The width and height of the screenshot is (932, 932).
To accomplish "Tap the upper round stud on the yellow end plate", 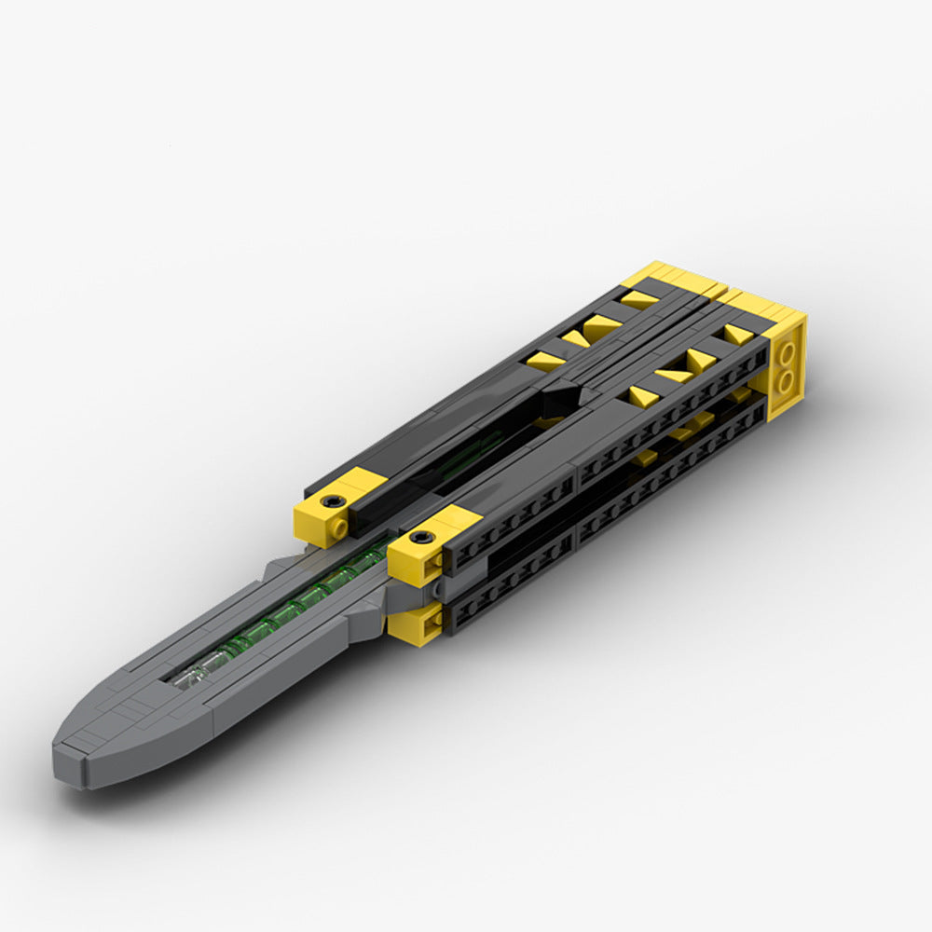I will pyautogui.click(x=788, y=352).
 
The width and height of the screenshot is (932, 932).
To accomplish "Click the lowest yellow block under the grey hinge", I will pyautogui.click(x=414, y=623).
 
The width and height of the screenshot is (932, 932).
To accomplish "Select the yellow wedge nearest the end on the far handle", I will pyautogui.click(x=639, y=299).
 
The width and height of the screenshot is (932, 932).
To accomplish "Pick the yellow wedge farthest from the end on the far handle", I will pyautogui.click(x=545, y=362).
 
